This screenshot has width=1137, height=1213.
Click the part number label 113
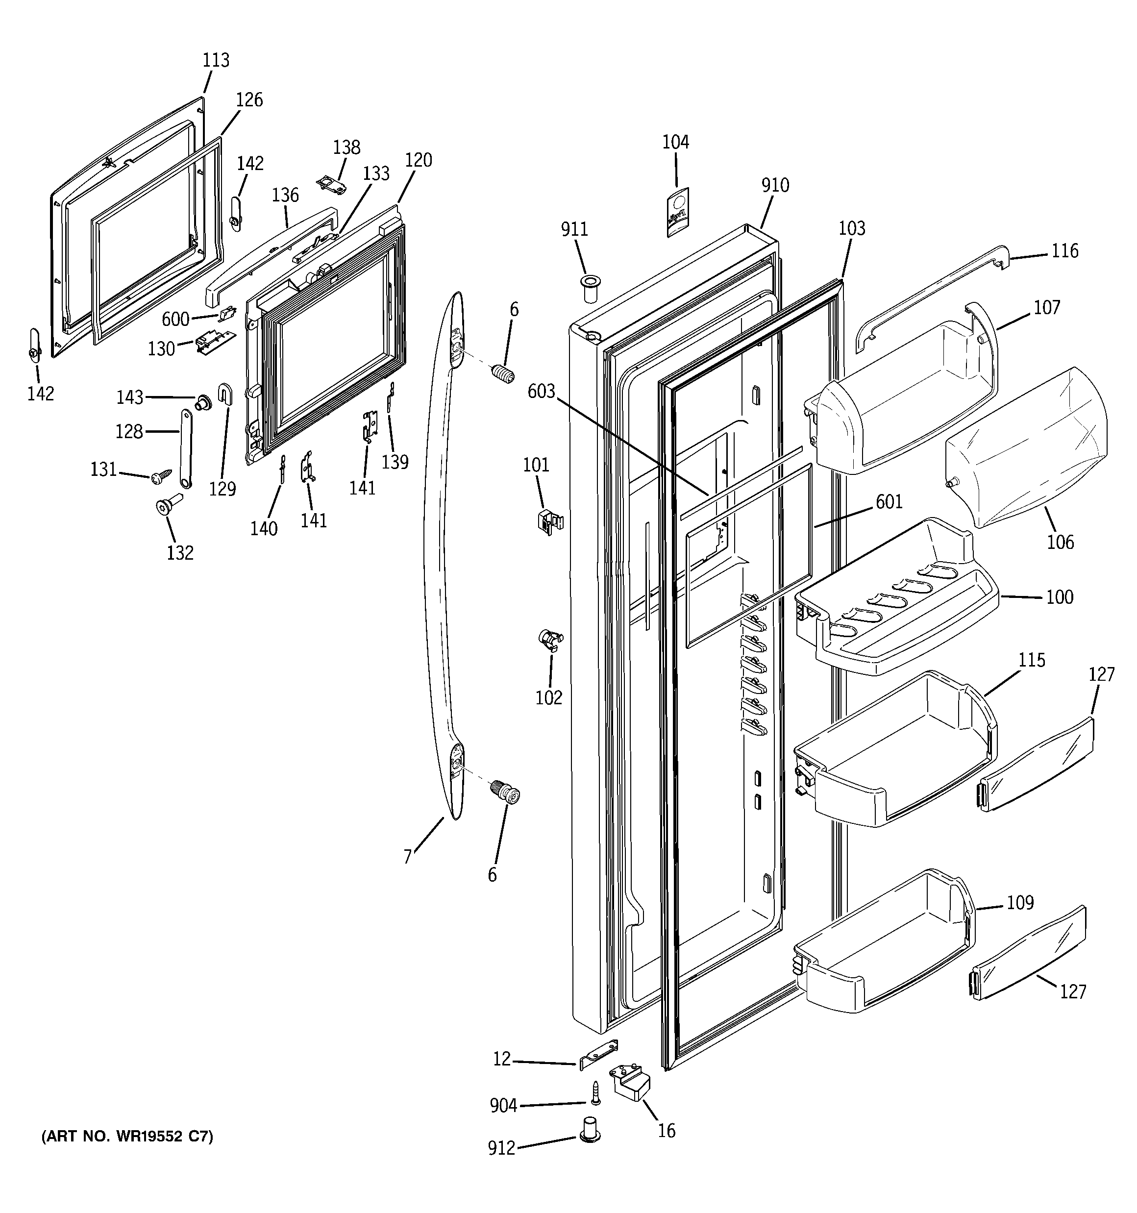tap(216, 60)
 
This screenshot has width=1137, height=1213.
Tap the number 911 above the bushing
tap(574, 229)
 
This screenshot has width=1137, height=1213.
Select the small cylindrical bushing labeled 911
tap(590, 288)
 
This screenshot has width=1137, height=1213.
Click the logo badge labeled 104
tap(677, 211)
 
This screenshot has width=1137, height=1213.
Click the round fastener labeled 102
tap(550, 640)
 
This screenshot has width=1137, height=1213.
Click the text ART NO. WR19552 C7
tap(127, 1137)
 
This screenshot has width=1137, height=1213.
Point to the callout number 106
tap(1060, 542)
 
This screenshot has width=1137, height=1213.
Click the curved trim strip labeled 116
tap(934, 293)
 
